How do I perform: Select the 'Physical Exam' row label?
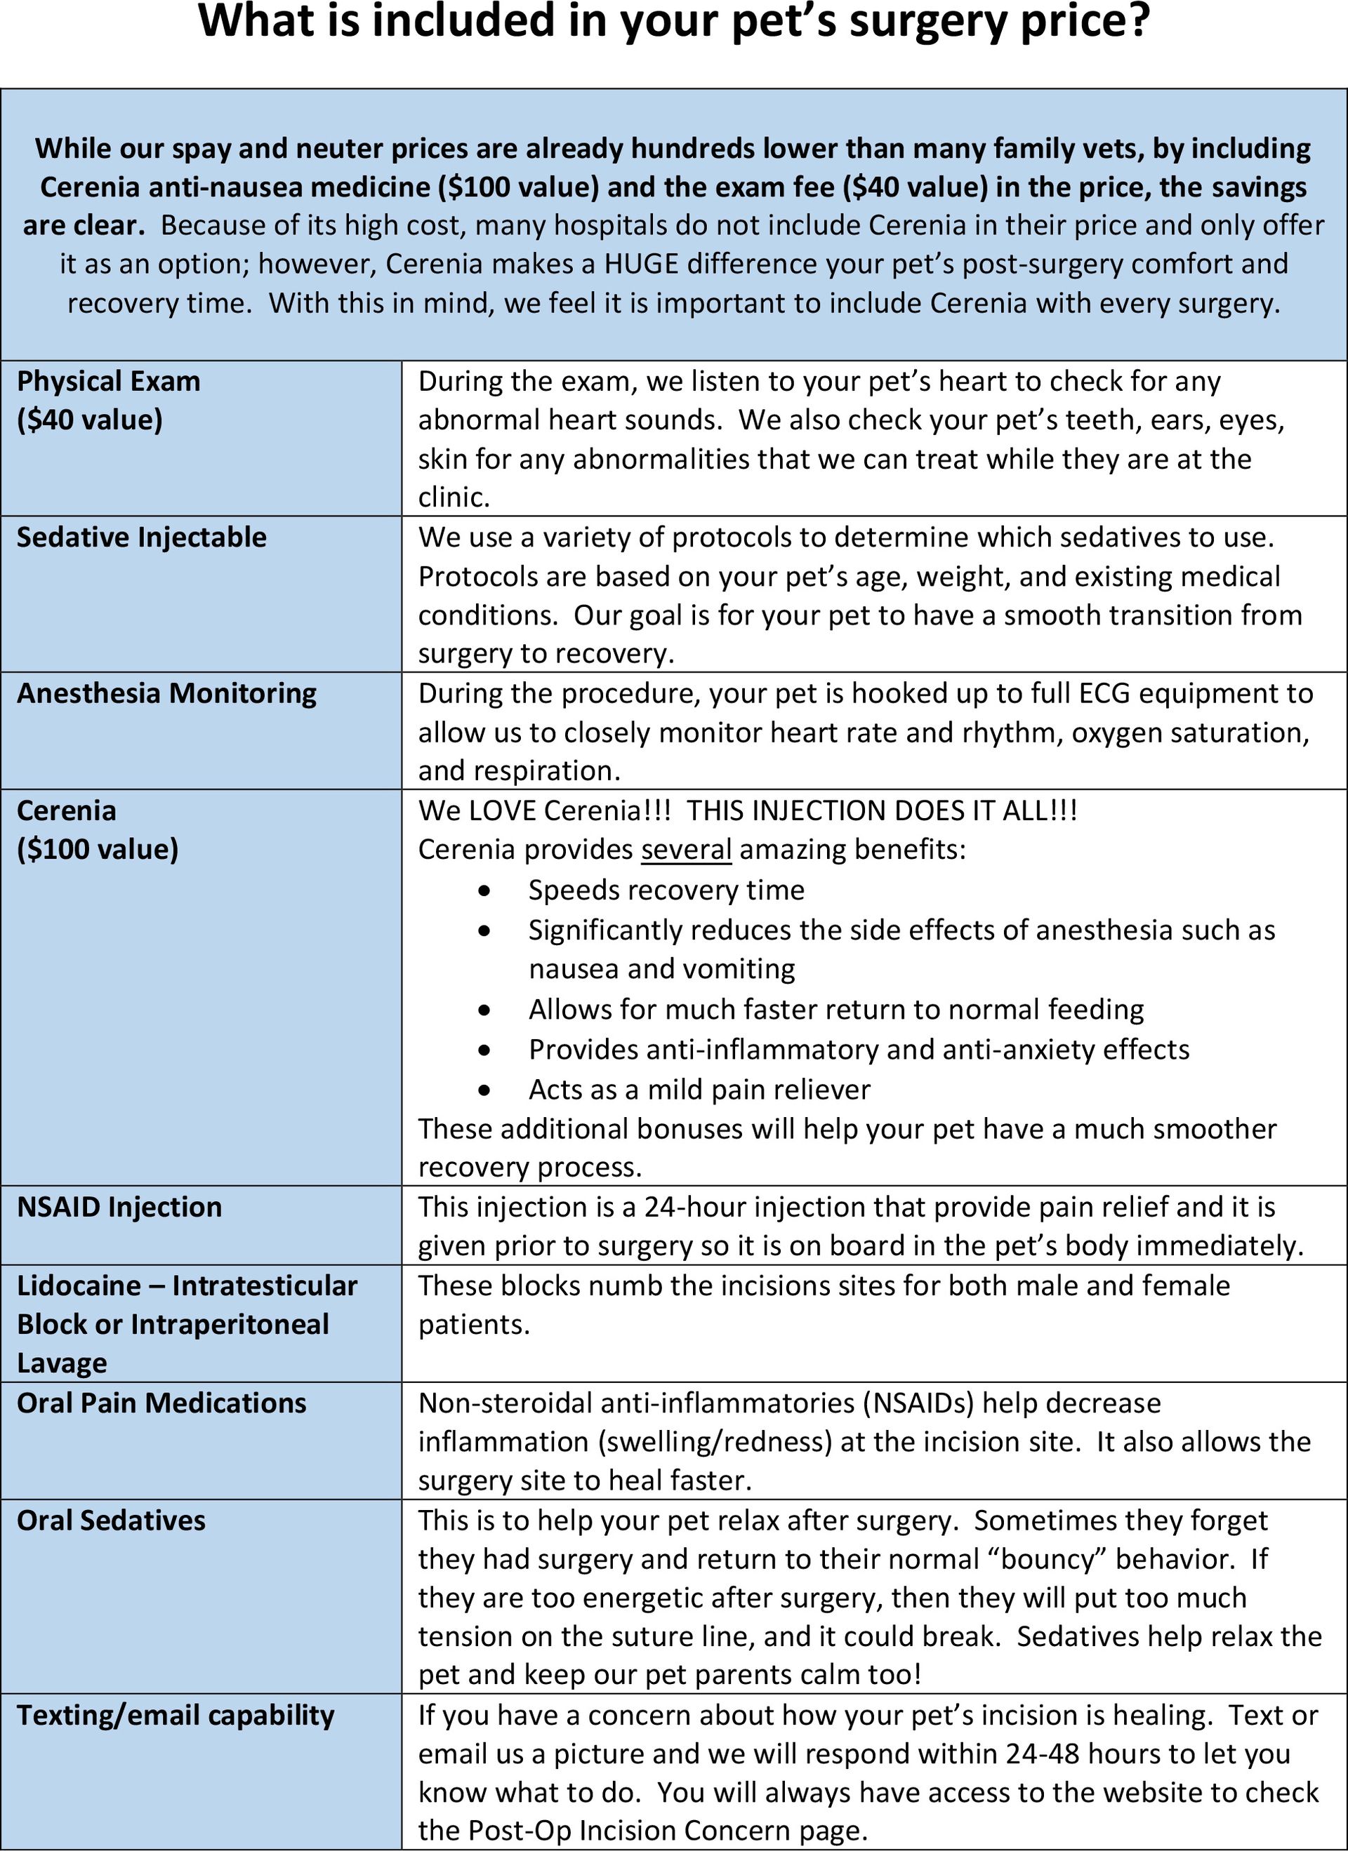(x=109, y=381)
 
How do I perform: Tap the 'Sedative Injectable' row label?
(x=141, y=537)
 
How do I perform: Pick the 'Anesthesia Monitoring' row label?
(x=166, y=693)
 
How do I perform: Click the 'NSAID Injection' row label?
(x=119, y=1206)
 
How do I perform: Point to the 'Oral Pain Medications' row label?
(x=161, y=1402)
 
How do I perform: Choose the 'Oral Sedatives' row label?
(x=111, y=1520)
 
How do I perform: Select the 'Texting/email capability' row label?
(x=176, y=1715)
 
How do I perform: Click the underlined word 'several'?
(x=686, y=850)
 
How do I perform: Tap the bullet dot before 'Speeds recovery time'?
(x=485, y=890)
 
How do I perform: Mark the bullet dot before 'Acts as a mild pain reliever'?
(x=485, y=1090)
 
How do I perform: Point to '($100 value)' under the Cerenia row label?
(x=97, y=849)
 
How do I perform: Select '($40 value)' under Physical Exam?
(x=90, y=420)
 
